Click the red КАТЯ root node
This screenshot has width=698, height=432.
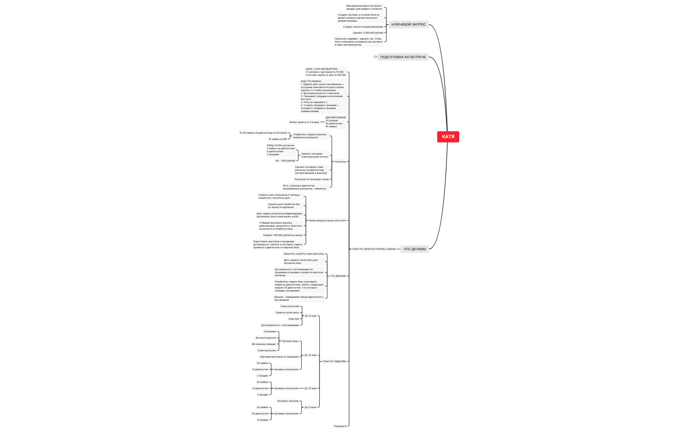(448, 137)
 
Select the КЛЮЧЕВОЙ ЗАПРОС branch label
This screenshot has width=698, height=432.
(408, 25)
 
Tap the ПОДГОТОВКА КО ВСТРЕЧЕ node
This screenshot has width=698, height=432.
(403, 57)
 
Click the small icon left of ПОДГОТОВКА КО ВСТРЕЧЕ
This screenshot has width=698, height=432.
(375, 57)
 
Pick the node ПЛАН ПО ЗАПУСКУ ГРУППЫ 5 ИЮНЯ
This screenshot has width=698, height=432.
(374, 249)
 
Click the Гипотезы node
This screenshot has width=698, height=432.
(340, 162)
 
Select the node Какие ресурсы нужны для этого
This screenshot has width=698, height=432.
(327, 221)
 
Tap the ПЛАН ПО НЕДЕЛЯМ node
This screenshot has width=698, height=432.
(334, 362)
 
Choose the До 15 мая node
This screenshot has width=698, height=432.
(310, 316)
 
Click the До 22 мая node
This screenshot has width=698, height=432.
(310, 355)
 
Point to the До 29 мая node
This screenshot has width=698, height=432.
(310, 388)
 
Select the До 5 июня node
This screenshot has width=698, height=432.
(310, 407)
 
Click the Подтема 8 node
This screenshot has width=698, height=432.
(340, 426)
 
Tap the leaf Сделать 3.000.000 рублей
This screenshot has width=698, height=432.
(368, 33)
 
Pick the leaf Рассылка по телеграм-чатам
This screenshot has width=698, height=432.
(311, 179)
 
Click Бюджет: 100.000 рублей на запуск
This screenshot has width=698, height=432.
(283, 235)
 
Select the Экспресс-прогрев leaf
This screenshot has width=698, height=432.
(288, 401)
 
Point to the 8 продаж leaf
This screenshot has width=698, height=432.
(263, 420)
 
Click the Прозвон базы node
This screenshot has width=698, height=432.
(290, 341)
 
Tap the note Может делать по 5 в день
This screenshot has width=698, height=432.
(304, 122)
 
